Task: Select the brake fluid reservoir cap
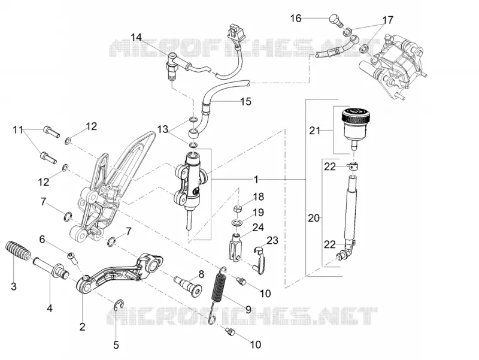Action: click(356, 116)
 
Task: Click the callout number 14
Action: click(137, 37)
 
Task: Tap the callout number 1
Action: click(256, 179)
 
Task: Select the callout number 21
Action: click(315, 131)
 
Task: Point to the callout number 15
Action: click(245, 101)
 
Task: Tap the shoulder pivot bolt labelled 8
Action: click(188, 285)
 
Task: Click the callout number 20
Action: click(313, 218)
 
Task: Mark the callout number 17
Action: click(387, 20)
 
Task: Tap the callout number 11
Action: click(18, 130)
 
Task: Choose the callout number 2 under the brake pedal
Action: click(82, 327)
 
